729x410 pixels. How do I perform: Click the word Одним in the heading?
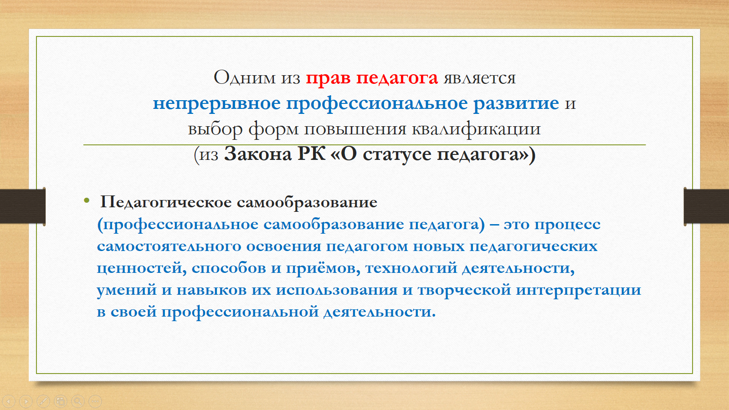pyautogui.click(x=244, y=78)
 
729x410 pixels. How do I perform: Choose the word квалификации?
pyautogui.click(x=476, y=129)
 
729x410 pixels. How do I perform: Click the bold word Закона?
pyautogui.click(x=258, y=154)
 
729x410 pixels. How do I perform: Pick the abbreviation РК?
pyautogui.click(x=312, y=154)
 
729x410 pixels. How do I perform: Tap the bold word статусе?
pyautogui.click(x=397, y=154)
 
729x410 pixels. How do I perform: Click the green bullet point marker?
pyautogui.click(x=87, y=200)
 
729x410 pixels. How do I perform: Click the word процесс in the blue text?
pyautogui.click(x=567, y=225)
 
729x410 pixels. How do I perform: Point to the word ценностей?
pyautogui.click(x=142, y=269)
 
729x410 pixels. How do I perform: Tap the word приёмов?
pyautogui.click(x=323, y=269)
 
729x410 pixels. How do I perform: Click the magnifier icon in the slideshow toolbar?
pyautogui.click(x=78, y=401)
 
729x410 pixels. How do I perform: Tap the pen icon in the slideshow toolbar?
pyautogui.click(x=43, y=401)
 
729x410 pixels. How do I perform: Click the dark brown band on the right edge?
pyautogui.click(x=706, y=206)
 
